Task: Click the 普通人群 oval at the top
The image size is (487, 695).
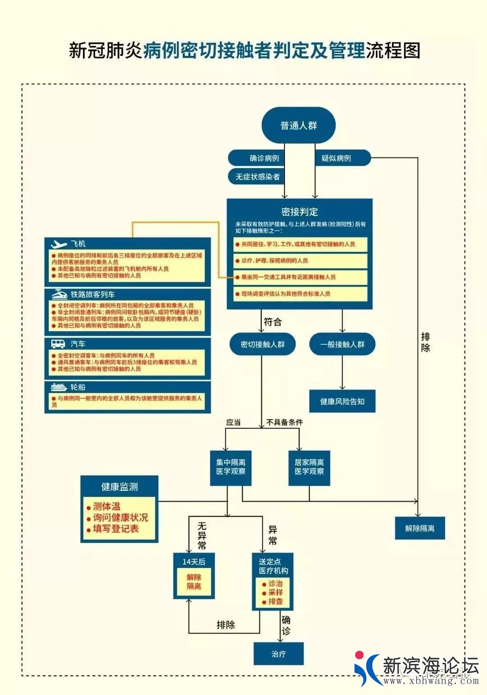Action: (x=299, y=125)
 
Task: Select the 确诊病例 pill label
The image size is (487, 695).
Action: (x=264, y=158)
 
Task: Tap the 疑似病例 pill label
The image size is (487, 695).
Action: (x=336, y=158)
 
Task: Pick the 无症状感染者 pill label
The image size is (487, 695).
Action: (x=257, y=177)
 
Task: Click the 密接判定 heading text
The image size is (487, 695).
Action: (x=299, y=212)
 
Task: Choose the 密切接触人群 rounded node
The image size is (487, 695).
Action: (x=262, y=344)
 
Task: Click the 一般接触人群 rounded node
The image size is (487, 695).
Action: (x=342, y=344)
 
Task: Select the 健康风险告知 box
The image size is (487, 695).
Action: (x=342, y=401)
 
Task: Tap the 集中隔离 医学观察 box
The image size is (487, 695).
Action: (x=230, y=467)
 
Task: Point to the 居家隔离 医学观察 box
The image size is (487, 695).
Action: (x=309, y=467)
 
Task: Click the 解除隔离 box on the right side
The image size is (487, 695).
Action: (x=420, y=528)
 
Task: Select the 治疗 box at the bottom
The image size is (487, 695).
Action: (x=279, y=654)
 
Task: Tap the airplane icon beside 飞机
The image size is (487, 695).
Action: (x=59, y=244)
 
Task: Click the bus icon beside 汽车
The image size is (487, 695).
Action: (x=58, y=344)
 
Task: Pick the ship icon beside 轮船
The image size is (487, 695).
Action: (x=59, y=387)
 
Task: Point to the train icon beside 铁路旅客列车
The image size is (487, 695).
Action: (x=60, y=294)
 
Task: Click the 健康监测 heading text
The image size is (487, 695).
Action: (x=119, y=487)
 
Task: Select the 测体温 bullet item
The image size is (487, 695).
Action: (x=106, y=507)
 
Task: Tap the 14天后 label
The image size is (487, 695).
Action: (x=194, y=562)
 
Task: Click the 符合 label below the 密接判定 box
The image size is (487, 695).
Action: (x=272, y=322)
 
